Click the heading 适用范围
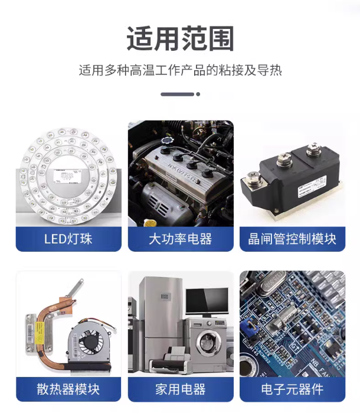(180, 39)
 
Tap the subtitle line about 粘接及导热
(180, 70)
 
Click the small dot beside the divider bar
(198, 94)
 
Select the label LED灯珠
(68, 239)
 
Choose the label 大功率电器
(181, 239)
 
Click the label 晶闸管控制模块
(292, 239)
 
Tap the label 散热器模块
(68, 389)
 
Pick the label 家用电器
(181, 389)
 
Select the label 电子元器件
(292, 389)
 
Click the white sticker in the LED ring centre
(68, 175)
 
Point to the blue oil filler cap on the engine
(166, 141)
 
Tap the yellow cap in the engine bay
(150, 223)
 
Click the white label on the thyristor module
(312, 187)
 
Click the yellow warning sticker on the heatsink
(40, 333)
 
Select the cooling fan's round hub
(90, 340)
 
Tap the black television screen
(207, 301)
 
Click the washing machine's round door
(208, 343)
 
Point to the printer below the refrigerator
(170, 362)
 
